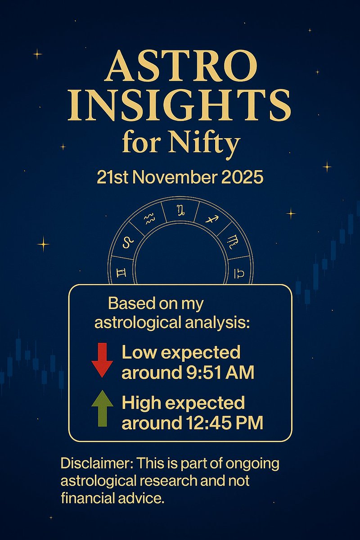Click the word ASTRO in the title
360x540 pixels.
180,66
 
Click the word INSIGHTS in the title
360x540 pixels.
180,104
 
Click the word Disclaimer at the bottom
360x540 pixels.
95,463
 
